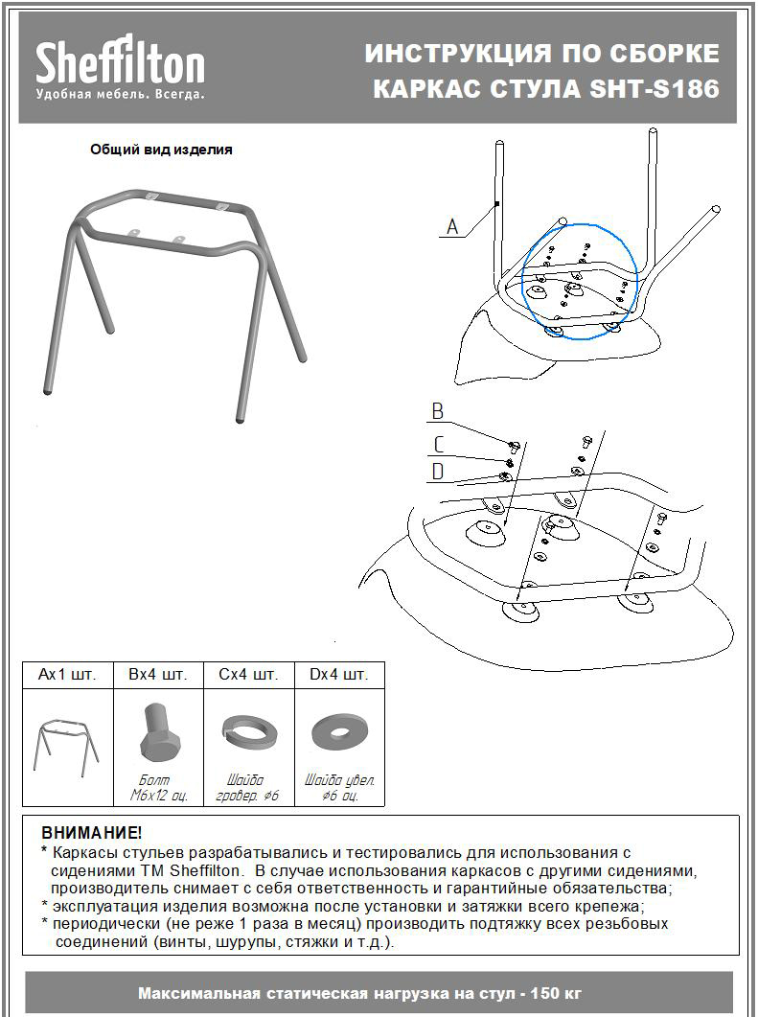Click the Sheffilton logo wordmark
click(x=120, y=64)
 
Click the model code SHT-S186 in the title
click(x=655, y=89)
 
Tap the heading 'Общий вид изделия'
click(x=161, y=150)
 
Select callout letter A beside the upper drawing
click(x=453, y=227)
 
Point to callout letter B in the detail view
click(x=437, y=412)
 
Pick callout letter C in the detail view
click(x=438, y=444)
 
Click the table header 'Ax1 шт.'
click(x=67, y=675)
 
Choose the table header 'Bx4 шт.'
click(x=158, y=675)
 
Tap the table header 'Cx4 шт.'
click(x=248, y=675)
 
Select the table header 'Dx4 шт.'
click(x=338, y=675)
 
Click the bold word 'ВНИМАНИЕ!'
click(x=91, y=832)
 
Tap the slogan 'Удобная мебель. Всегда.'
click(x=120, y=94)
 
